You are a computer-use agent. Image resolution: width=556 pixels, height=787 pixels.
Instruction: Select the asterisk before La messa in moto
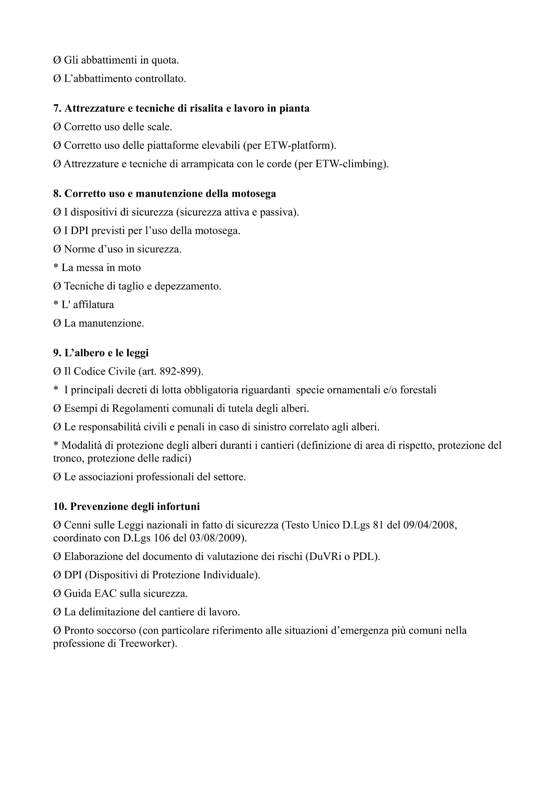56,267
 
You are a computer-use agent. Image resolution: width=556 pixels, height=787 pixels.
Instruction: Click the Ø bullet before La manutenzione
57,323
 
